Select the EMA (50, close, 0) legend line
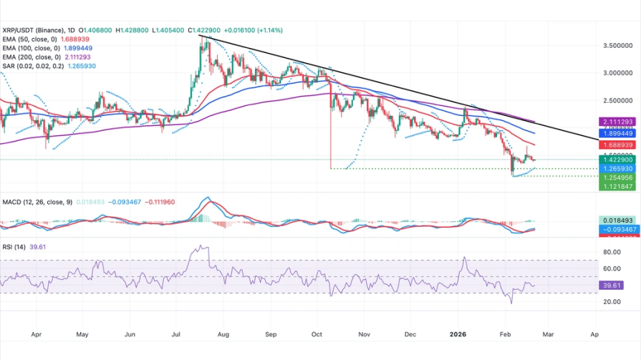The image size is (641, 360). coord(47,39)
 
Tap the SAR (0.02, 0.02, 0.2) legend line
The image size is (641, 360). coord(48,66)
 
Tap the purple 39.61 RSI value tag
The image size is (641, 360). coord(612,285)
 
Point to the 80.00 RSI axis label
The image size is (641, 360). coord(612,252)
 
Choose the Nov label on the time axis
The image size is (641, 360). coord(364,334)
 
